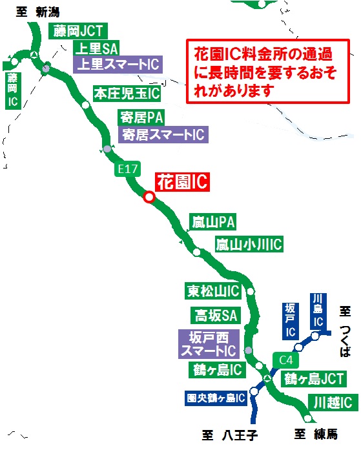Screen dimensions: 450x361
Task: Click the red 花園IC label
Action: click(183, 183)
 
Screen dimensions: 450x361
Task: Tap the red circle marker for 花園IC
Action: click(149, 198)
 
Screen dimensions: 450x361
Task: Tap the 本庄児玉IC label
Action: click(127, 93)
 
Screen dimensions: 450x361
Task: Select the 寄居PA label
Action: click(142, 118)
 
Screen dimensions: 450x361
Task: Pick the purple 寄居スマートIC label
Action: click(163, 134)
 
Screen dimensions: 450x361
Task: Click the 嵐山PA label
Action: click(213, 223)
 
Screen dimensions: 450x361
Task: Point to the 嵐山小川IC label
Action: click(249, 244)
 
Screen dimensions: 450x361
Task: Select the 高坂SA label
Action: click(214, 315)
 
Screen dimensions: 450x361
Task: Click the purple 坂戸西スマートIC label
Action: click(208, 343)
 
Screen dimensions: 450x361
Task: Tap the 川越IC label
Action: click(333, 402)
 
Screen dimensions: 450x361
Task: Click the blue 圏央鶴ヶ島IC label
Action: click(214, 397)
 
